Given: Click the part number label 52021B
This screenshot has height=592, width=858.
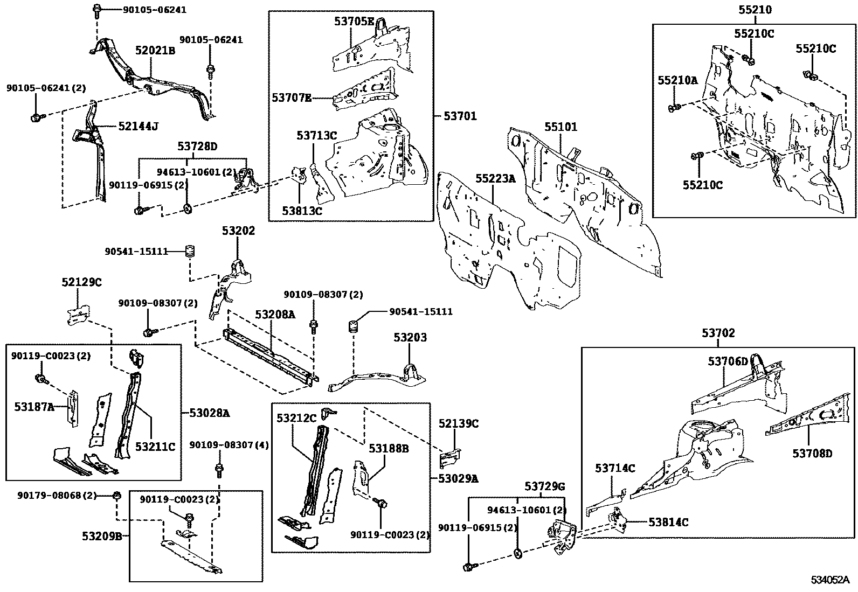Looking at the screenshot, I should [x=155, y=51].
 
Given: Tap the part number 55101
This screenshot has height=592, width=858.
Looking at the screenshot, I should [x=561, y=127].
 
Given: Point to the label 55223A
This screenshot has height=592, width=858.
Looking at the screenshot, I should [x=495, y=179].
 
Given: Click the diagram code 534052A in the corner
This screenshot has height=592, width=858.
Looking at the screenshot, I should [x=831, y=580].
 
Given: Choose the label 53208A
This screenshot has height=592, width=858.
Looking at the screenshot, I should [x=275, y=314].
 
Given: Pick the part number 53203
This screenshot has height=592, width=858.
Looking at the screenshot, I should [x=410, y=338].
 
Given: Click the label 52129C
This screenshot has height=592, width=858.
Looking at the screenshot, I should [x=81, y=282].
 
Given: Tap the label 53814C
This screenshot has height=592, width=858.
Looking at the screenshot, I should [x=668, y=522].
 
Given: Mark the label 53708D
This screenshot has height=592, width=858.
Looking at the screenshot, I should [x=812, y=453].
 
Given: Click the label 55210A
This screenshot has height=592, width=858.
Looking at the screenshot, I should [x=677, y=80].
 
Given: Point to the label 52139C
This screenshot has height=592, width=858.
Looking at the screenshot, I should [x=458, y=423].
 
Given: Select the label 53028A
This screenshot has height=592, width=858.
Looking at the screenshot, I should [x=209, y=413].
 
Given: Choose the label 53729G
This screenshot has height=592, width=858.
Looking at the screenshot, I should [x=545, y=486].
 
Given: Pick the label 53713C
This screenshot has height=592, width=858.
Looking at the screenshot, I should [x=316, y=136].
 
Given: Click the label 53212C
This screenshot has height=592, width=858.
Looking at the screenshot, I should [x=296, y=418].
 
